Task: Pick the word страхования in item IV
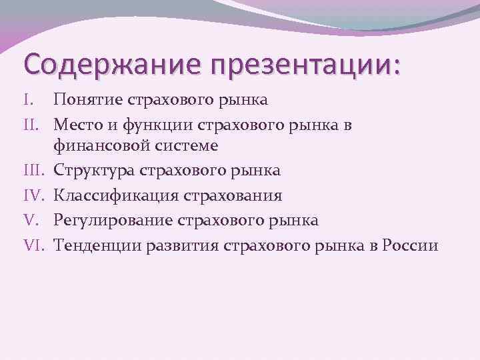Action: coord(225,196)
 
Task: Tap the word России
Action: coord(409,244)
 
